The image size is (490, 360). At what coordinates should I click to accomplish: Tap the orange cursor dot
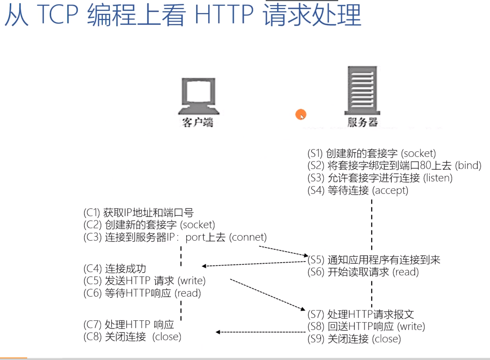pos(301,114)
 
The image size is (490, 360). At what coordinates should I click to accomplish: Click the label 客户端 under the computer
pos(197,122)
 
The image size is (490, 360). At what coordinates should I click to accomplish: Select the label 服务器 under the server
pos(362,122)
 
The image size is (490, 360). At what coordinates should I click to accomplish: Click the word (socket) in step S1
pos(418,153)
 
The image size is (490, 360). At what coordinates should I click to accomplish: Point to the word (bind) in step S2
pos(468,165)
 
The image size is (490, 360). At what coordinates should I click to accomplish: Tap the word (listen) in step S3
pos(438,178)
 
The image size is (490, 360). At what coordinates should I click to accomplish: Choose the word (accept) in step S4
pos(390,190)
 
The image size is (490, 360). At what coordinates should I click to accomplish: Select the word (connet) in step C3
pos(248,237)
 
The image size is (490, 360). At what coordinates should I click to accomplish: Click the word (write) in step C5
pos(192,281)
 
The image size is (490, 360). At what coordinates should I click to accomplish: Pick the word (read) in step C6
pos(188,293)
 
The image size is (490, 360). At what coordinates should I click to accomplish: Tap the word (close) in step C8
pos(167,337)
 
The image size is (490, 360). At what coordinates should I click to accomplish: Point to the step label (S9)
pos(316,339)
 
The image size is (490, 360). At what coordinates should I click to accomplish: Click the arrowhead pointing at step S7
pos(303,309)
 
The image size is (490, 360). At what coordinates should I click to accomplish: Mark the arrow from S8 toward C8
pos(261,332)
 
